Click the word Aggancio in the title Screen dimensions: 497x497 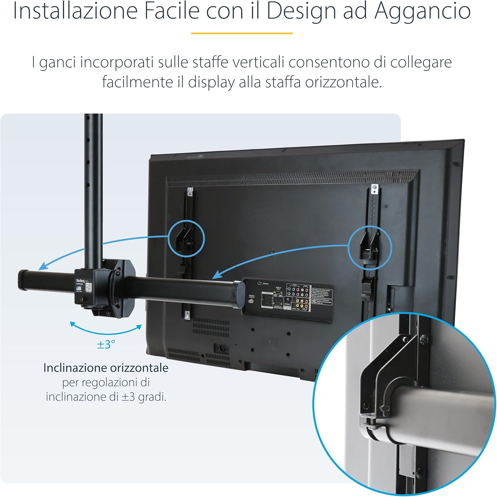click(422, 11)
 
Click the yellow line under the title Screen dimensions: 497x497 click(242, 33)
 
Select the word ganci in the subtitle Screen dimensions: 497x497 click(58, 62)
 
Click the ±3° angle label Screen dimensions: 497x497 click(106, 344)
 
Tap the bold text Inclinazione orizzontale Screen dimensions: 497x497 click(106, 368)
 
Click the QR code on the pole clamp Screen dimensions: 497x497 click(88, 288)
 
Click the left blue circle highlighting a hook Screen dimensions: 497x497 click(187, 239)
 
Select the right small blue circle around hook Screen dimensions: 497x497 click(370, 247)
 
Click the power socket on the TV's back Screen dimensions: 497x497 click(219, 348)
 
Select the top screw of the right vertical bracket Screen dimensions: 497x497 click(374, 188)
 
